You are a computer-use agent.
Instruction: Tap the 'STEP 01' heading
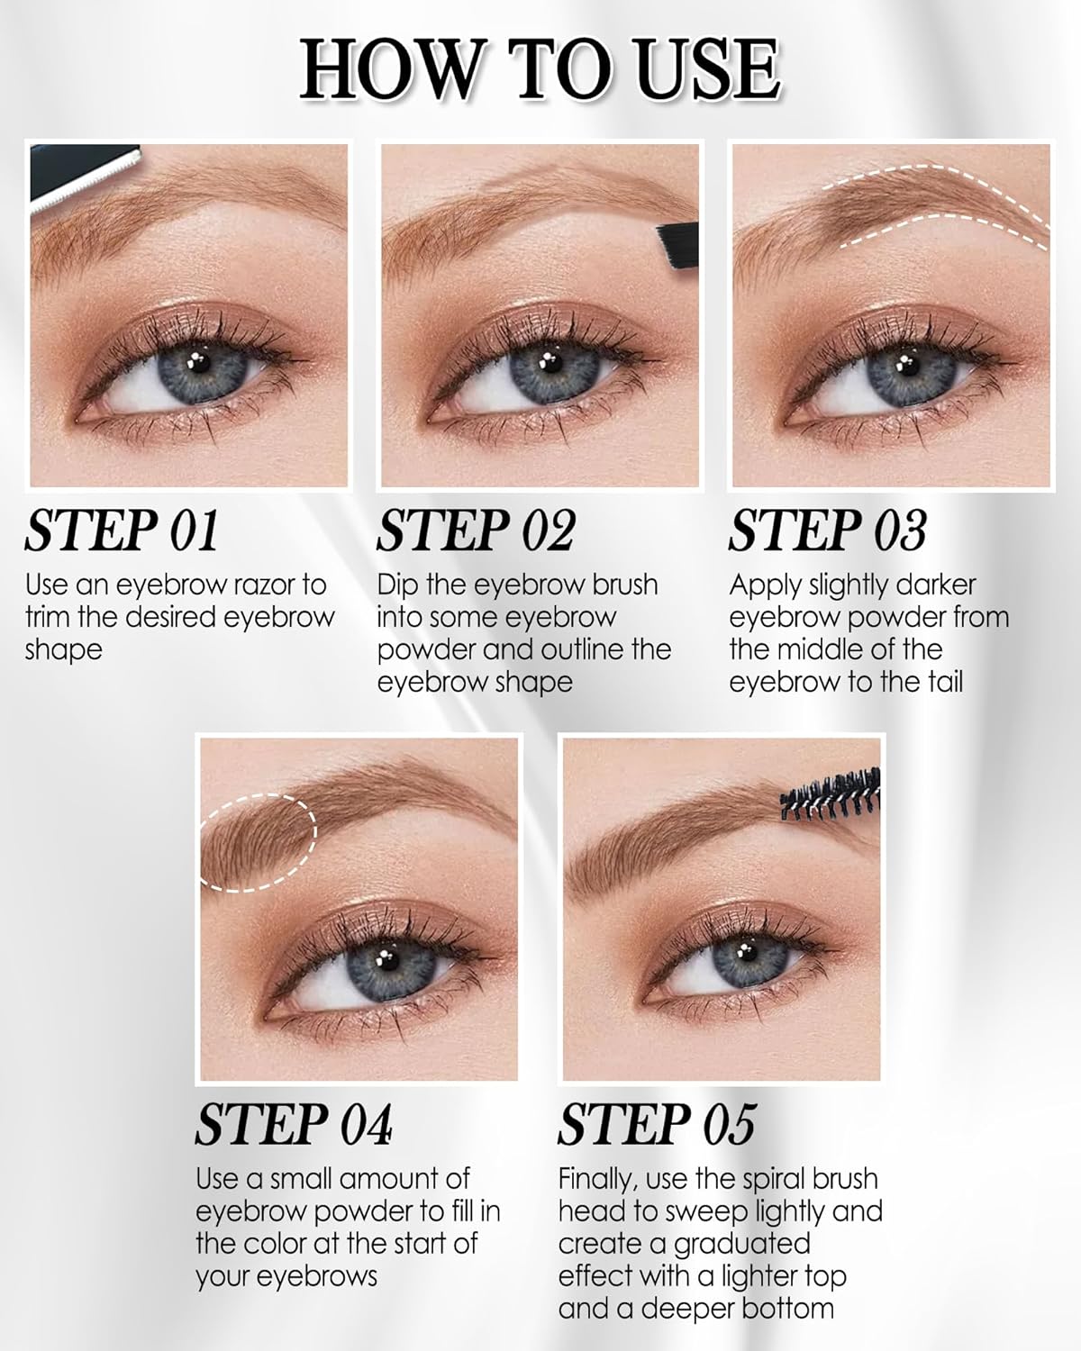(x=122, y=530)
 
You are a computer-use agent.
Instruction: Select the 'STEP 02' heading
(x=475, y=530)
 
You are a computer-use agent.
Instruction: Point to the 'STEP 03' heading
(x=827, y=530)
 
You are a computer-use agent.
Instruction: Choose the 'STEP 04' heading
(x=294, y=1125)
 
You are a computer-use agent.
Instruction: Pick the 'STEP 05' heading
(x=656, y=1125)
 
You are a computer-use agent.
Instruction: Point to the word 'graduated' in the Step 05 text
(x=730, y=1245)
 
